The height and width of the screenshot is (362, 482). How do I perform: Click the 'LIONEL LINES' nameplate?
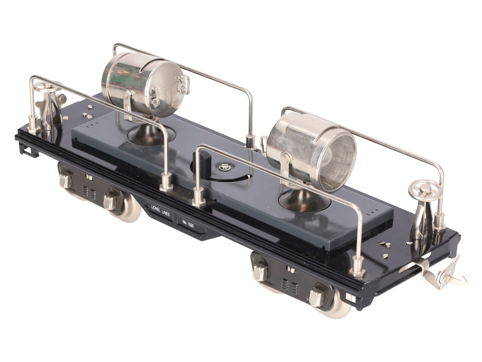160,210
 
